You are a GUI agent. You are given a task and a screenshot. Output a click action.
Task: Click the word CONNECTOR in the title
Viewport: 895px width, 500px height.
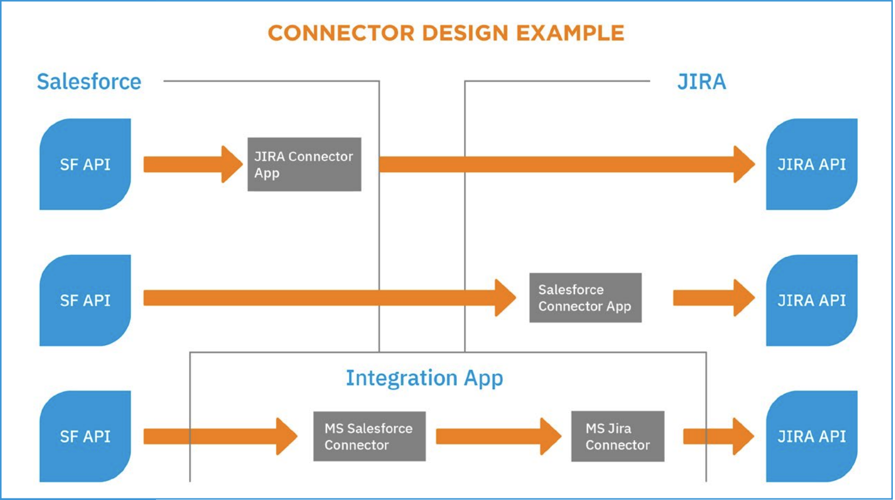(341, 33)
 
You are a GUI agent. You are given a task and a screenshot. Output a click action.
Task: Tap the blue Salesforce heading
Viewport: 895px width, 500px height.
(89, 82)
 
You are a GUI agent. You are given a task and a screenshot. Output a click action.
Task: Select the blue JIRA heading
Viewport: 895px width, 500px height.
(701, 82)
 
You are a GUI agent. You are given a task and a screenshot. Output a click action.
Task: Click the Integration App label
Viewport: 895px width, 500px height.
(424, 378)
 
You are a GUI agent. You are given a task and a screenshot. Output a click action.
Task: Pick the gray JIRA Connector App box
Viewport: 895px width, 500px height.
(304, 165)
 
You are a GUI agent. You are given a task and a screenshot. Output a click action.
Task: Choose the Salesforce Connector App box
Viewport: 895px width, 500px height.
(585, 298)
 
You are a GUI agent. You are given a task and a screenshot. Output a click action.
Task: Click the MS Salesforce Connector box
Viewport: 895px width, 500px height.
(369, 437)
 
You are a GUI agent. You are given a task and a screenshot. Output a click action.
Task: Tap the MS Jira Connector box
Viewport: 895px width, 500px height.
(617, 437)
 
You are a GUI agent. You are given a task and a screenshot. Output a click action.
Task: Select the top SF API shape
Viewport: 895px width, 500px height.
(85, 165)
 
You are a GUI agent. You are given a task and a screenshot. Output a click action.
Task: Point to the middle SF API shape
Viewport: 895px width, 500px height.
(85, 301)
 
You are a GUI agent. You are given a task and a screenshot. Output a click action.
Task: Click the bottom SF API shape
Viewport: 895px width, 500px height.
(85, 437)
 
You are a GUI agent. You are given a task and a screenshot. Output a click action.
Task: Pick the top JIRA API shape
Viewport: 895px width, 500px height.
(812, 165)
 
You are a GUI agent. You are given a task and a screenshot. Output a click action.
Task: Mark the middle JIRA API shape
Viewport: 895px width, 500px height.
(812, 301)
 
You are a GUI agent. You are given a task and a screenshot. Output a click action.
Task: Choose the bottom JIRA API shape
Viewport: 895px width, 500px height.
(812, 437)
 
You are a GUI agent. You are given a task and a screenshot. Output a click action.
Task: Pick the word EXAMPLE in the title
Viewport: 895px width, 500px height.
(570, 33)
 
